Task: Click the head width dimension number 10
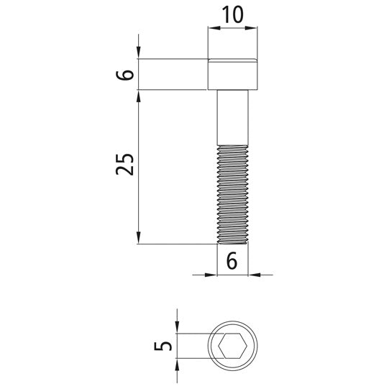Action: click(x=232, y=14)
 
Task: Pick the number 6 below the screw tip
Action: click(x=232, y=261)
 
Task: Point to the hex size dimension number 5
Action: click(x=165, y=345)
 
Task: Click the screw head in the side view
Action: click(x=232, y=74)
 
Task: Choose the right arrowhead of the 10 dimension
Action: click(x=253, y=29)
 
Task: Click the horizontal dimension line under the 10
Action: click(x=232, y=29)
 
